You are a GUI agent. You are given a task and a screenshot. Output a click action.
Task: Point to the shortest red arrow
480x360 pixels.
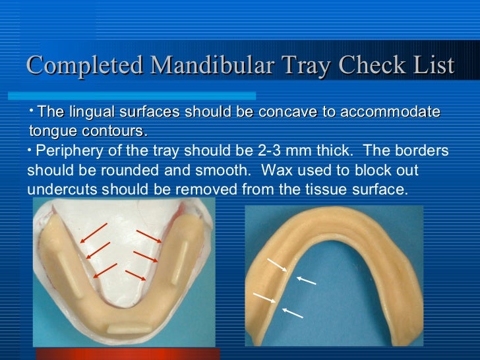pyautogui.click(x=135, y=274)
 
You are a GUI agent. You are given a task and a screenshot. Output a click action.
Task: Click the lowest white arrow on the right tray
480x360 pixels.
pyautogui.click(x=292, y=313)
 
